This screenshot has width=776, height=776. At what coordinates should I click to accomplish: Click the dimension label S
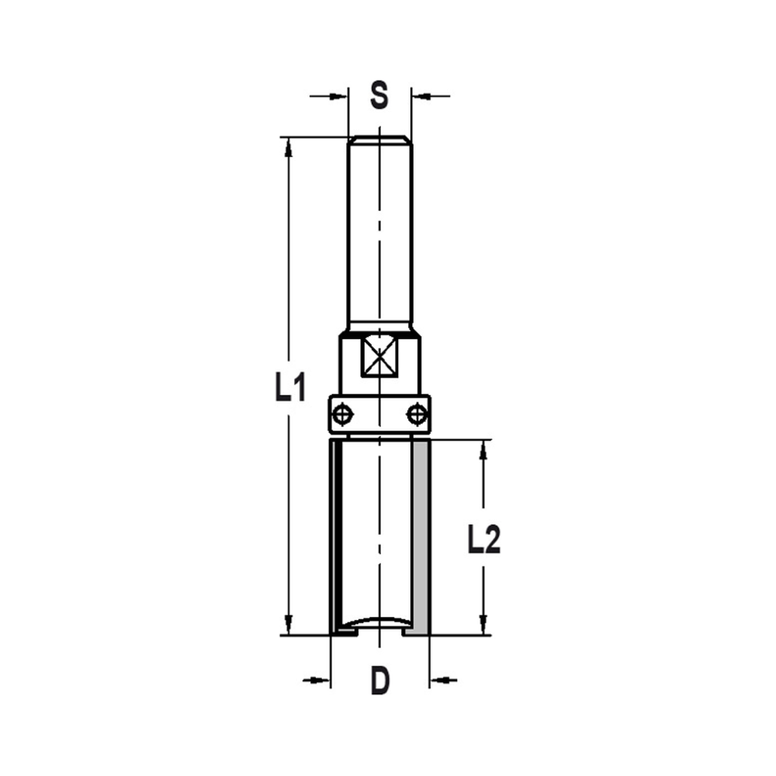379,96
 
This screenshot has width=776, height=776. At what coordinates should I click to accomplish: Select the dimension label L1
288,386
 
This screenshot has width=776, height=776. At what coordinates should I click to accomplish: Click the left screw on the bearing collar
341,413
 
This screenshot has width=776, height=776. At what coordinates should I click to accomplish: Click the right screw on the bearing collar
417,413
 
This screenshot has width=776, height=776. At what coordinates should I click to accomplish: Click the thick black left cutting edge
338,535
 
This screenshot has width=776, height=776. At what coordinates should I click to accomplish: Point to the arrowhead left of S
339,96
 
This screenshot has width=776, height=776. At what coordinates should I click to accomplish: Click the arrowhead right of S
419,96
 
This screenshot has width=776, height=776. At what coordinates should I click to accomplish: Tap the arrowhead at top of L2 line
483,449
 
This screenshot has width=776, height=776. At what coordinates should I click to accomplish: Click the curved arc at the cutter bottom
379,620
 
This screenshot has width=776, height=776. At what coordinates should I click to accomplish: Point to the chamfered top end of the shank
379,140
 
